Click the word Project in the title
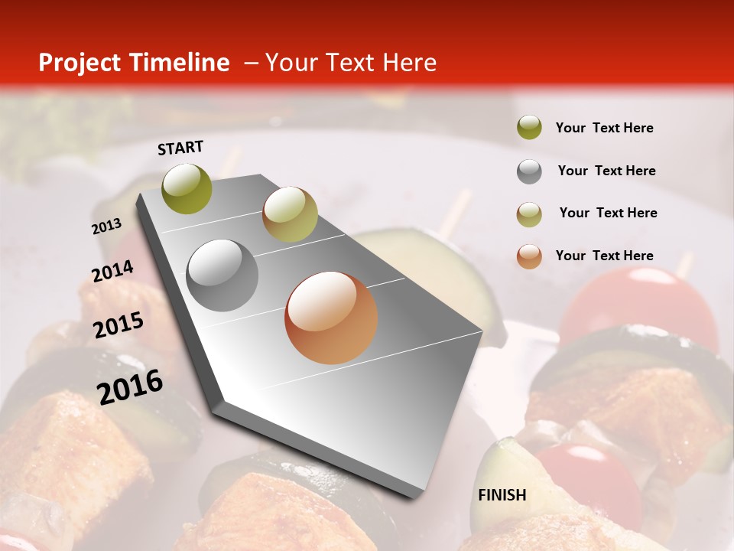click(x=78, y=63)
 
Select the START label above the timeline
click(x=180, y=148)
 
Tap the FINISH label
click(x=502, y=494)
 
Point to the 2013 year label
click(x=107, y=227)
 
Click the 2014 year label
click(x=112, y=272)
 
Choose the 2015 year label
click(x=119, y=325)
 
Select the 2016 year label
click(x=130, y=386)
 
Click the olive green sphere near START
click(x=187, y=188)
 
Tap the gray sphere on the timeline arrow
click(x=222, y=275)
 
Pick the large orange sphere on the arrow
click(x=331, y=318)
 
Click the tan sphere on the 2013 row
click(x=290, y=214)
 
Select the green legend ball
click(x=529, y=127)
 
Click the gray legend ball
click(x=529, y=171)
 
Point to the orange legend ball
click(x=529, y=256)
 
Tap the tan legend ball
click(x=529, y=214)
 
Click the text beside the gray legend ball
click(x=606, y=171)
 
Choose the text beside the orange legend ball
click(x=604, y=256)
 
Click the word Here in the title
click(x=409, y=63)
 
